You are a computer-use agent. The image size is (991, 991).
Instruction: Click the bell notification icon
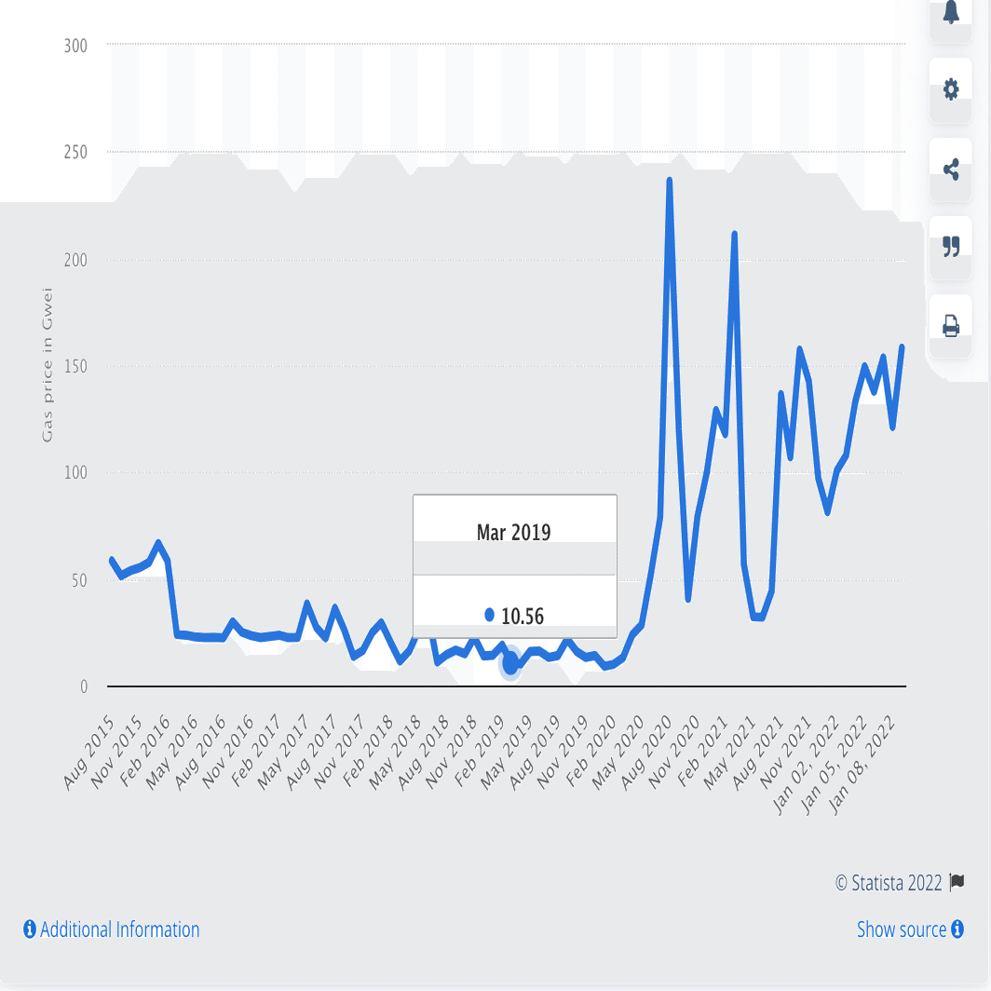[x=951, y=14]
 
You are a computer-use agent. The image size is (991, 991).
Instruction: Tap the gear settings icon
[x=951, y=90]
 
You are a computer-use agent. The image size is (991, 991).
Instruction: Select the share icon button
[x=951, y=170]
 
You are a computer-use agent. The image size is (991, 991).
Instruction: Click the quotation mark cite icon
[x=951, y=247]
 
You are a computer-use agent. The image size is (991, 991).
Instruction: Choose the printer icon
[x=951, y=326]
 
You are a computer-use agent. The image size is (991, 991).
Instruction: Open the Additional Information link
[x=111, y=930]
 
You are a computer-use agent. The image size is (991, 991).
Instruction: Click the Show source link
[x=910, y=930]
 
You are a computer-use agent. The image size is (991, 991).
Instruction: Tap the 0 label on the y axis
[x=83, y=686]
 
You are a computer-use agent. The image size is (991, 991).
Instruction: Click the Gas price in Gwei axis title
[x=48, y=366]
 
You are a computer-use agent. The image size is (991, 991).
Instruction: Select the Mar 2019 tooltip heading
[x=514, y=533]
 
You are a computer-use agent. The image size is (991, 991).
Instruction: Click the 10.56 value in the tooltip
[x=522, y=616]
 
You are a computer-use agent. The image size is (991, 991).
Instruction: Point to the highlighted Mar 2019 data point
[x=510, y=664]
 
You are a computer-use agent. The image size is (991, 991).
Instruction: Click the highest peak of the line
[x=670, y=181]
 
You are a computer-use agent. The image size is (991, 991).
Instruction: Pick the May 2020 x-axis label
[x=621, y=753]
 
